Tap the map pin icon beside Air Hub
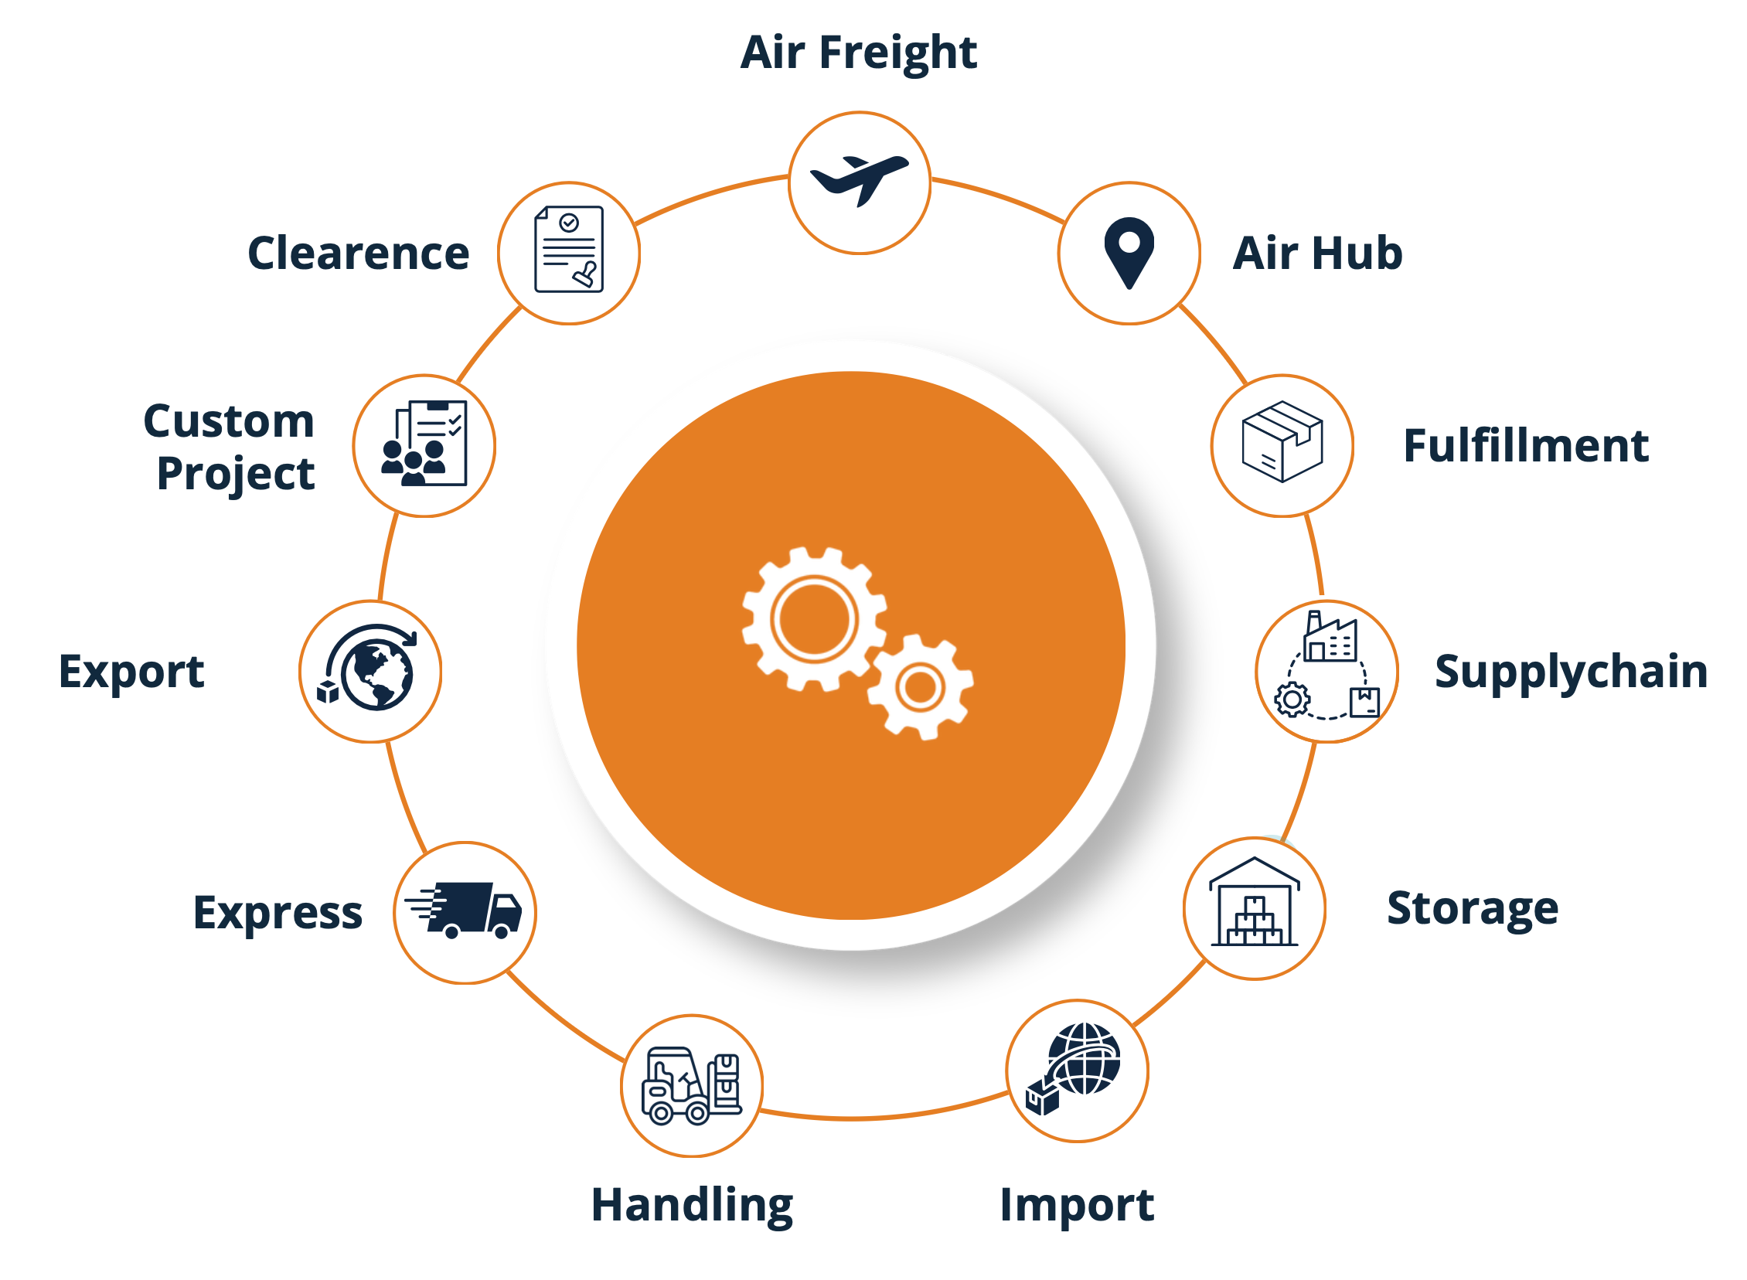(1129, 254)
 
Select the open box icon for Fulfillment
(1282, 441)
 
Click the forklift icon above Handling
(691, 1085)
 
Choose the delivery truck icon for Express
(463, 911)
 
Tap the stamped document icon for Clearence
(569, 250)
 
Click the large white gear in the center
(814, 619)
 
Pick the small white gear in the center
(921, 687)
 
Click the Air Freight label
(858, 53)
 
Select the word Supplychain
(1571, 672)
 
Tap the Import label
(1077, 1206)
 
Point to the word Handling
(692, 1206)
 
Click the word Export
(131, 672)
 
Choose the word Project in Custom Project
(236, 474)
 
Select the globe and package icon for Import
(1074, 1068)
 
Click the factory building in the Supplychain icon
(1330, 637)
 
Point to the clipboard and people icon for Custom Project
(424, 443)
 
